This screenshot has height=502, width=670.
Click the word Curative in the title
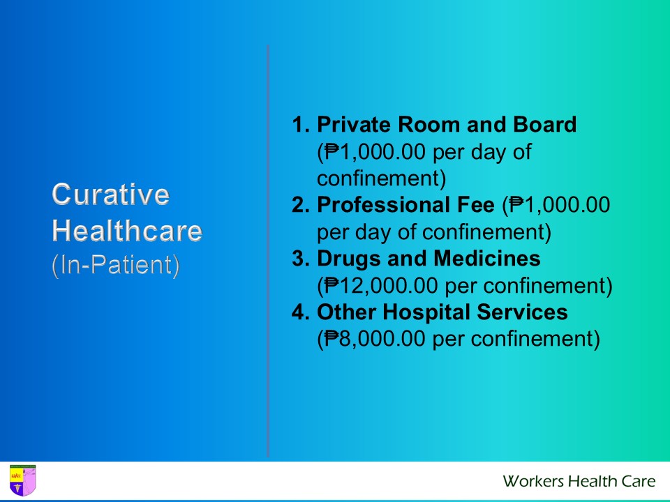pos(110,195)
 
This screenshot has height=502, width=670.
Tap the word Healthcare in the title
pos(127,231)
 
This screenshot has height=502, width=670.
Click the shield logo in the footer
pos(22,480)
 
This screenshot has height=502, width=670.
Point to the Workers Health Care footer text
pos(579,481)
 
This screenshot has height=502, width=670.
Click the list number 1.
pos(299,125)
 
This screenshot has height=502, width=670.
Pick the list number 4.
pos(299,312)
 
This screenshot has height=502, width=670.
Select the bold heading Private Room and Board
pos(447,125)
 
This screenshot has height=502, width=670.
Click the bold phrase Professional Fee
pos(405,206)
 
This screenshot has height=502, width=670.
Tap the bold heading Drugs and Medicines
pos(429,259)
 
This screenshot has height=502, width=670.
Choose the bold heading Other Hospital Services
pos(442,312)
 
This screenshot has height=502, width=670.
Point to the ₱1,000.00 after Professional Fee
pos(560,206)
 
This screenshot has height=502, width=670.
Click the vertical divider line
pos(267,251)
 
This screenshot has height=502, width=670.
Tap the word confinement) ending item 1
pos(381,179)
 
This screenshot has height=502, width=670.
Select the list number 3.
pos(299,259)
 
